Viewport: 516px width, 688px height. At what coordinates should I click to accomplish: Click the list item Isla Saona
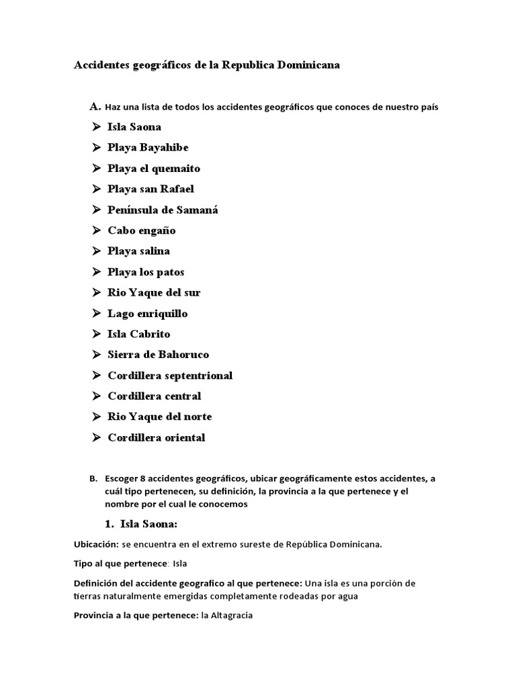coord(134,126)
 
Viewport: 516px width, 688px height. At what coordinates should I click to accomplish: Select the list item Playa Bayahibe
coord(148,147)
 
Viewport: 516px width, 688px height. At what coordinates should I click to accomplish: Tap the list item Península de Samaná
coord(163,210)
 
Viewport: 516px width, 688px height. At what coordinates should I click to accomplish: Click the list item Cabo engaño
coord(141,230)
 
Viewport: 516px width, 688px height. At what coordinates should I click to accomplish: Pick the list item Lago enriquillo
coord(147,313)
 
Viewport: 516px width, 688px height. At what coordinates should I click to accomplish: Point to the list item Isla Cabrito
coord(138,334)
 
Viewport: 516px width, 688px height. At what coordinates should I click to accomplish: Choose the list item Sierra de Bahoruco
coord(158,355)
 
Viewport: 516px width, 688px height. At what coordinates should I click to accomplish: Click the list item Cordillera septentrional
coord(170,376)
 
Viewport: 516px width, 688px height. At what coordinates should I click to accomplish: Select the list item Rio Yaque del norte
coord(159,417)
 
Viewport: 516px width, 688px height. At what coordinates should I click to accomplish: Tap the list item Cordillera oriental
coord(157,437)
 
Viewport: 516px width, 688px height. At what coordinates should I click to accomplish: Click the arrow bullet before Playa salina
coord(95,251)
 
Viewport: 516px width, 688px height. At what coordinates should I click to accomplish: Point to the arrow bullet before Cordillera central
coord(95,396)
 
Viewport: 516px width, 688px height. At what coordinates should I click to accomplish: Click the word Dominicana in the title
coord(307,65)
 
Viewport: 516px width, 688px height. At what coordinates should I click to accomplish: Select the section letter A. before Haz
coord(95,106)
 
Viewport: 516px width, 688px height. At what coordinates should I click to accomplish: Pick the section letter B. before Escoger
coord(93,479)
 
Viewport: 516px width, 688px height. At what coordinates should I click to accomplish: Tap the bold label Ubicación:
coord(96,544)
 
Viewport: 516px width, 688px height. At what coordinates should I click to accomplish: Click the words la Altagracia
coord(226,615)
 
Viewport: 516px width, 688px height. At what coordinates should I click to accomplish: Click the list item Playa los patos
coord(146,272)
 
